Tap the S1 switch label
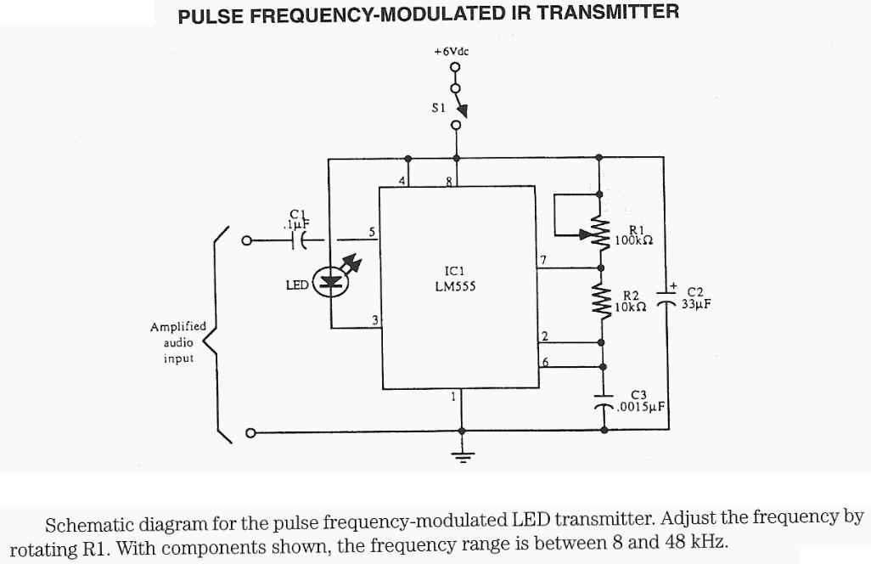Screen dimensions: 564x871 pos(438,108)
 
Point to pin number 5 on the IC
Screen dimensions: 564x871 pos(370,232)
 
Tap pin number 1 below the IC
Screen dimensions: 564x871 pos(454,396)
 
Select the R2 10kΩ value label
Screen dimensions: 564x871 pos(632,302)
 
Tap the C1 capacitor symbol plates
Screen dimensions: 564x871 pos(299,242)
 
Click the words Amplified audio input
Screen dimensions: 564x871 pos(177,342)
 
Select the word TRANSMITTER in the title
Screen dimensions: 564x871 pos(607,14)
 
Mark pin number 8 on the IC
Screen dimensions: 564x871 pos(450,181)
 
